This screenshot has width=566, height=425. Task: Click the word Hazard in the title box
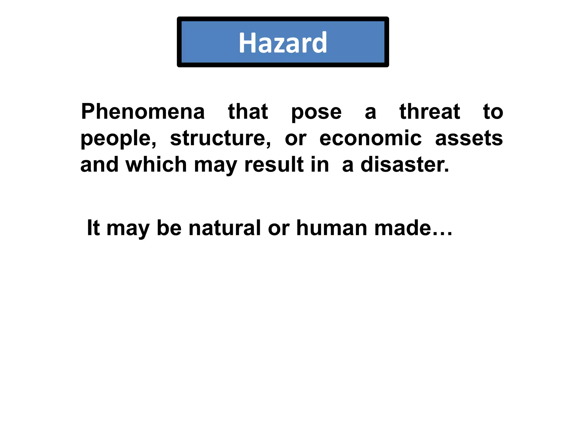[283, 43]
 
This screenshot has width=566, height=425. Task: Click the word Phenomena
[143, 112]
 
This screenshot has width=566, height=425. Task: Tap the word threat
[430, 112]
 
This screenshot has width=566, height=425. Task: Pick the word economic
[370, 138]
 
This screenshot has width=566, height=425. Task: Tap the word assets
[469, 138]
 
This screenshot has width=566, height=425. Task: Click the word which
[156, 164]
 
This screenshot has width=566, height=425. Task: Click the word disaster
[405, 164]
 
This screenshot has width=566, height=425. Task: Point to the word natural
[224, 228]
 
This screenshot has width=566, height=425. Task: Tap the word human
[332, 228]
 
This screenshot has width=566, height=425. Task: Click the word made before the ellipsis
[403, 228]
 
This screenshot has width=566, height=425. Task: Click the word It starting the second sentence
[93, 228]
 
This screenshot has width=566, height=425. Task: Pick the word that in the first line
[248, 112]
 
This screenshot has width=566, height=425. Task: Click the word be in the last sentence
[169, 228]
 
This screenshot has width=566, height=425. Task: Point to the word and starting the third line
[99, 164]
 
